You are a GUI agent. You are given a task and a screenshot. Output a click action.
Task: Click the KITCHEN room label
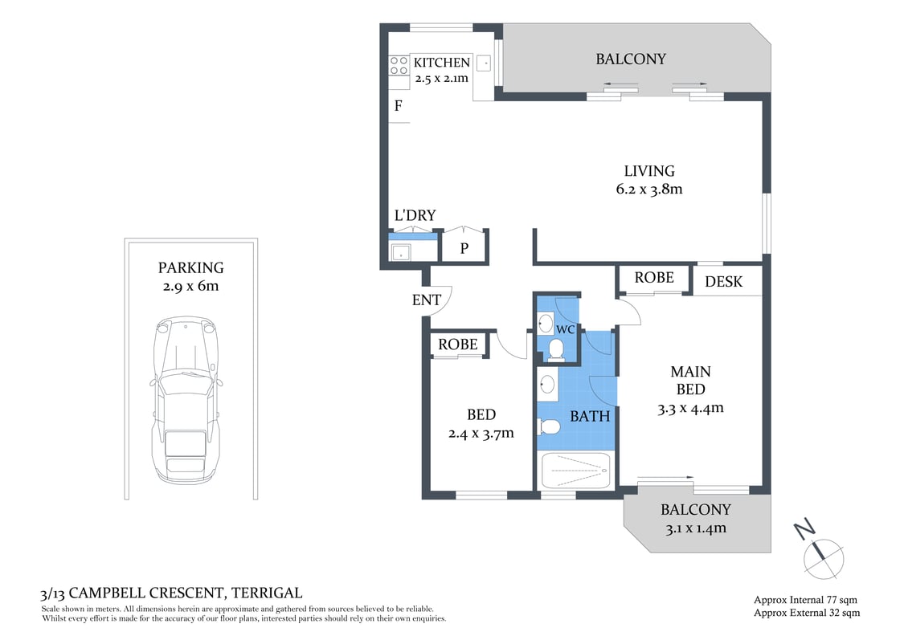click(x=441, y=63)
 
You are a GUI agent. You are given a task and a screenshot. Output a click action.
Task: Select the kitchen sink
click(x=484, y=63)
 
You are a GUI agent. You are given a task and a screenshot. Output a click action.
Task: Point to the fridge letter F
click(x=398, y=106)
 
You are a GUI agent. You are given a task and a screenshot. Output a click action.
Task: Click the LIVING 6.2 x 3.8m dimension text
click(x=649, y=190)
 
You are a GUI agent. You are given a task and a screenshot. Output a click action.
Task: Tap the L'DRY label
click(x=415, y=215)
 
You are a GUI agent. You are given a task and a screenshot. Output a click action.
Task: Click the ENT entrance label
click(x=426, y=300)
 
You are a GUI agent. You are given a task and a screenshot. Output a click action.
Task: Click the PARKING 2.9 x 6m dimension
click(x=190, y=286)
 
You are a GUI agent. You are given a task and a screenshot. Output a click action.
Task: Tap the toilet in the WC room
click(x=554, y=348)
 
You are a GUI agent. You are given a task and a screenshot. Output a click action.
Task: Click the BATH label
click(x=590, y=416)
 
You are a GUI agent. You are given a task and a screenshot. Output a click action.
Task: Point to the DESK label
click(x=723, y=282)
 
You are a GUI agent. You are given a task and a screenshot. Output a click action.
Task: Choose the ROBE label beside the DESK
click(x=653, y=278)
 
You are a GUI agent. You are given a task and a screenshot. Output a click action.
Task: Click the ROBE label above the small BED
click(x=458, y=344)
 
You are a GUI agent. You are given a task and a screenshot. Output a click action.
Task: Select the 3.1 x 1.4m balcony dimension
click(x=695, y=528)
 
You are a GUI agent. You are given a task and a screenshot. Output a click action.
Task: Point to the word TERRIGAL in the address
click(x=267, y=593)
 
